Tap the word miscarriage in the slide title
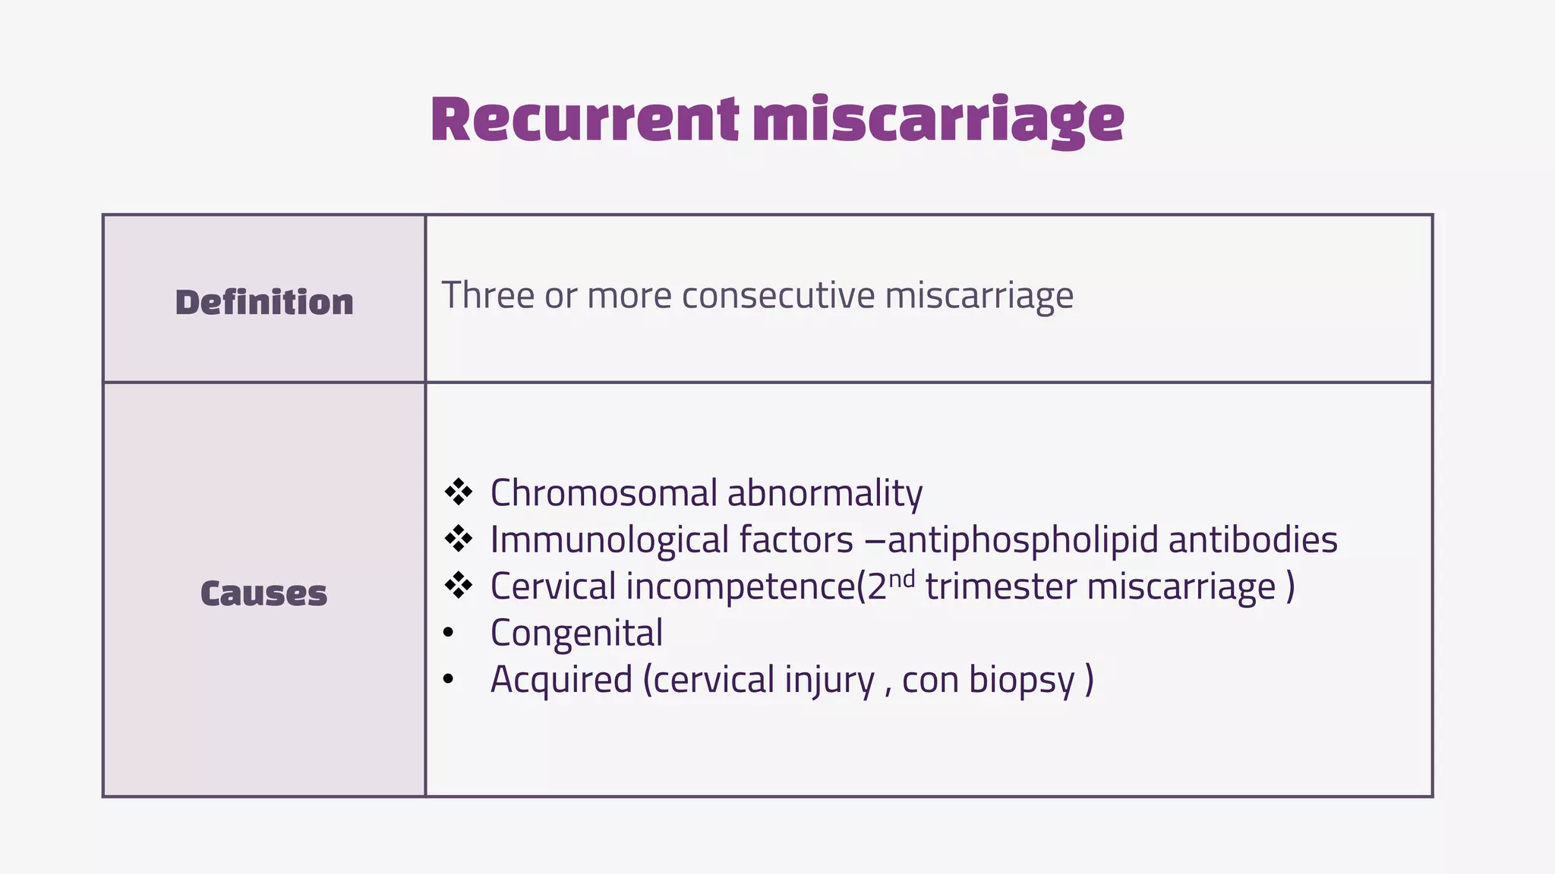click(938, 121)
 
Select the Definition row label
click(264, 302)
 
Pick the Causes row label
click(263, 593)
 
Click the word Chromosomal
click(604, 493)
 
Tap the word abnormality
click(825, 493)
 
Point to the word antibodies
click(1253, 540)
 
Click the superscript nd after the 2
click(901, 579)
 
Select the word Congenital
click(576, 633)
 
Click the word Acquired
click(561, 679)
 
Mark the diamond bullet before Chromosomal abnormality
click(459, 492)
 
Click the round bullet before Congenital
click(449, 633)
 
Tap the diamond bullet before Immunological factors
click(459, 539)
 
